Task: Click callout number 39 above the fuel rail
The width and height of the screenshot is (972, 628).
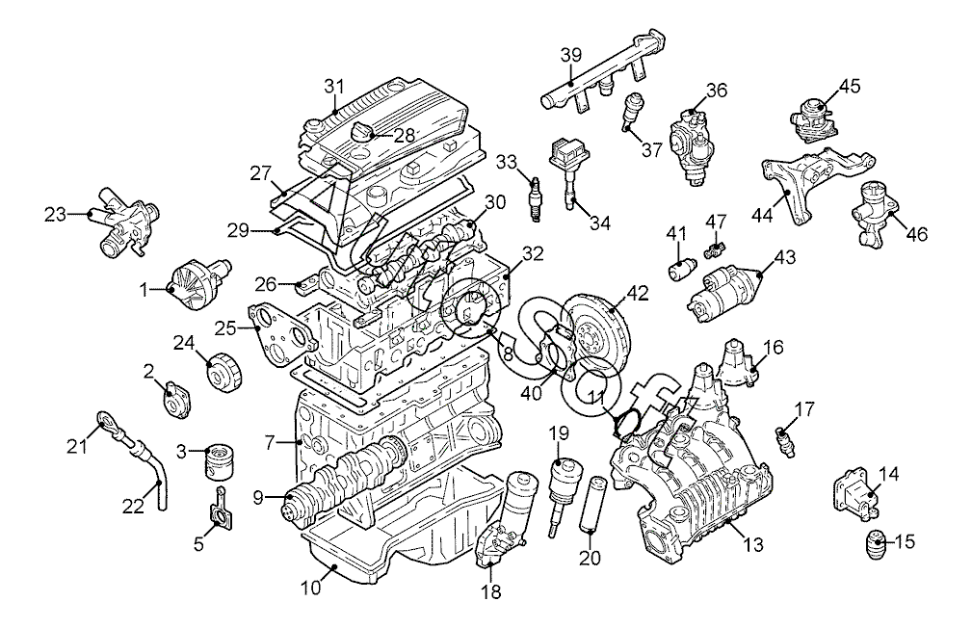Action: coord(571,55)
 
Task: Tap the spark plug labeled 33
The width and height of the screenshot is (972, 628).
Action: coord(535,199)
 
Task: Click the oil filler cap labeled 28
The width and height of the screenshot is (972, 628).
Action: coord(361,132)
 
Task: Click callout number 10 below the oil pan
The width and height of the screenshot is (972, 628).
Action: coord(311,587)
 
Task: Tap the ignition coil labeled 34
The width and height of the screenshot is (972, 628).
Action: coord(567,173)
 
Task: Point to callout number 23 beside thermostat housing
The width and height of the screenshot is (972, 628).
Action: coord(55,215)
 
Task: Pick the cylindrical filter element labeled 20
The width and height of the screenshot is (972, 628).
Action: coord(590,505)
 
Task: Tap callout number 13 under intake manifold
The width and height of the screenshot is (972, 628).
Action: coord(752,545)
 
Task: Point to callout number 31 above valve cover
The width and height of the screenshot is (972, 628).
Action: coord(333,86)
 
